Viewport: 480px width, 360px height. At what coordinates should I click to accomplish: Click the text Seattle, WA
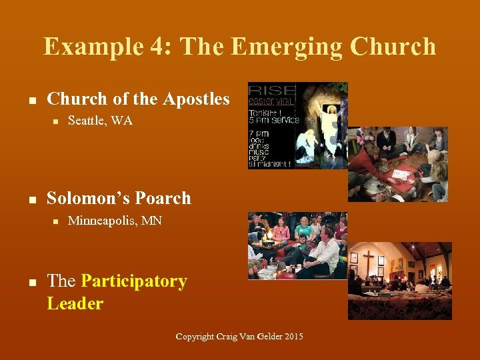[100, 121]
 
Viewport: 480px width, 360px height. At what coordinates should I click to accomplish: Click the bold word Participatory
[134, 281]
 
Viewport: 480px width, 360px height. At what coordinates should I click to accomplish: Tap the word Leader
[75, 304]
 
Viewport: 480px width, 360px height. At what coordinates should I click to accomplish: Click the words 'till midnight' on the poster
[269, 164]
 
